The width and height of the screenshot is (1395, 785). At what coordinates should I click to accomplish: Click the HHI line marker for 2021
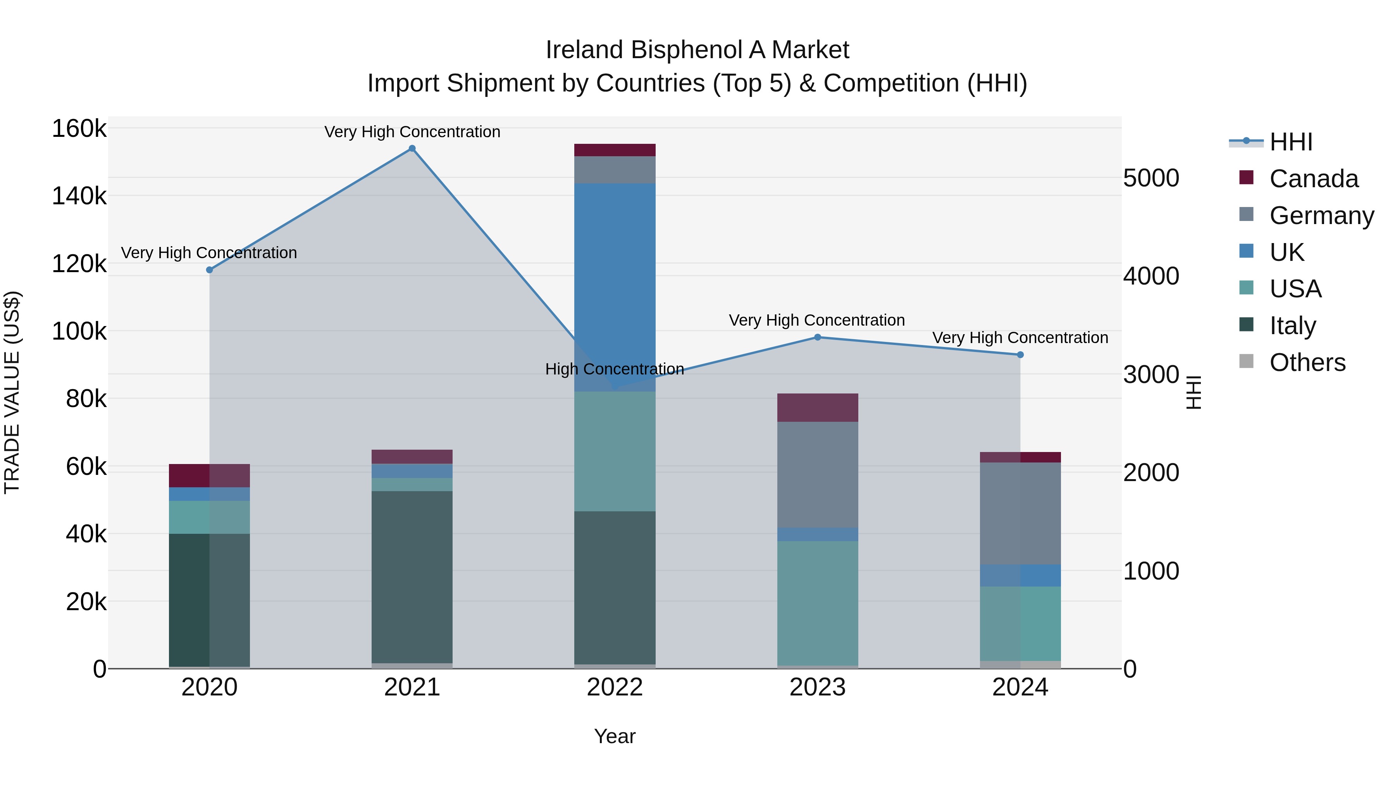point(412,148)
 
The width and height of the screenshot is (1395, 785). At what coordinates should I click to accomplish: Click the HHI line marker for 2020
point(210,270)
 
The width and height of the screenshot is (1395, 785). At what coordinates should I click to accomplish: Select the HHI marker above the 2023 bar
point(818,337)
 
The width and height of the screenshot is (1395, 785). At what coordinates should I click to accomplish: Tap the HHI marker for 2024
point(1020,355)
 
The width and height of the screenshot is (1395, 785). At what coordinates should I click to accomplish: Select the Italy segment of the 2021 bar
point(412,577)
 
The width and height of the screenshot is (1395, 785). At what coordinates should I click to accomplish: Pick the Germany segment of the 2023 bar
point(818,474)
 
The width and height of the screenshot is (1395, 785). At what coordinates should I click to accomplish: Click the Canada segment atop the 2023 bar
point(818,407)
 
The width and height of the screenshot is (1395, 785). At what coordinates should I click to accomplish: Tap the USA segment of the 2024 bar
point(1020,623)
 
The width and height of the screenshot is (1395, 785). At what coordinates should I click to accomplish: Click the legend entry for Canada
point(1313,179)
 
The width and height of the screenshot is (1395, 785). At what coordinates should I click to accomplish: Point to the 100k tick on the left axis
point(79,331)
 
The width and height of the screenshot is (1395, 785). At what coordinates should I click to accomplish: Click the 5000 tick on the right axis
point(1151,178)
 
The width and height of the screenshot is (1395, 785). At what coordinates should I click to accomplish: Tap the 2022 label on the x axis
point(615,687)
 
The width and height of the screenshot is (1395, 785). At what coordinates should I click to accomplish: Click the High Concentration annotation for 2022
point(615,369)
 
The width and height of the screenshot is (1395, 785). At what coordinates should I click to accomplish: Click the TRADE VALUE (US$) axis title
point(12,392)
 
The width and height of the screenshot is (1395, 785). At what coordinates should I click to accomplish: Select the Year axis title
point(615,736)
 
